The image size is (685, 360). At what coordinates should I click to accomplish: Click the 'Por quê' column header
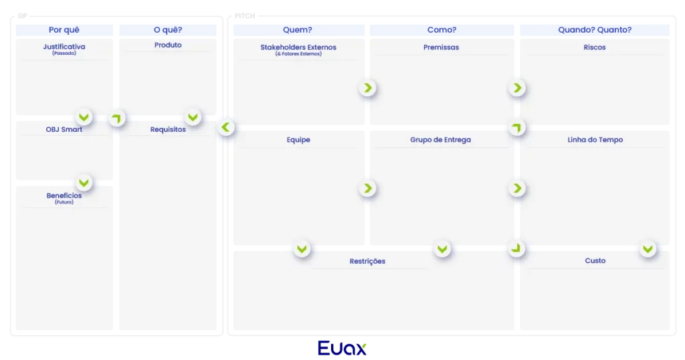[x=64, y=30]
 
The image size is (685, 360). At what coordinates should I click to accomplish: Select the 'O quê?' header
[x=168, y=30]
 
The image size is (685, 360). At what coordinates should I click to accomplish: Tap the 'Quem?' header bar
[x=298, y=30]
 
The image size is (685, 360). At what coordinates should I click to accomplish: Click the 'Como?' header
[x=442, y=30]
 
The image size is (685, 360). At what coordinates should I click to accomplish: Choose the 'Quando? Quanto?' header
[x=595, y=30]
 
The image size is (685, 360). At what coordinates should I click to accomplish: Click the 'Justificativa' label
[x=64, y=48]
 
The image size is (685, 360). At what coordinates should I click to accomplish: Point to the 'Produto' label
[x=168, y=46]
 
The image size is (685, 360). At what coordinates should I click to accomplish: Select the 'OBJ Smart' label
[x=64, y=129]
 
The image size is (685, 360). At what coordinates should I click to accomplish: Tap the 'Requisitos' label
[x=168, y=129]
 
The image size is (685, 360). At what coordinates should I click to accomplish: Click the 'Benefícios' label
[x=64, y=196]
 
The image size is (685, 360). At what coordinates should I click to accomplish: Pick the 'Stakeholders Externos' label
[x=298, y=48]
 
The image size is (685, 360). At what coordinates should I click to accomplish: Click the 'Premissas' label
[x=442, y=48]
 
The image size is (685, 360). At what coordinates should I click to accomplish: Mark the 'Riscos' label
[x=595, y=48]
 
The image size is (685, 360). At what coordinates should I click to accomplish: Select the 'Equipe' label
[x=298, y=140]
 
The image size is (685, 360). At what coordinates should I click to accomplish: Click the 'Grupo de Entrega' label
[x=441, y=140]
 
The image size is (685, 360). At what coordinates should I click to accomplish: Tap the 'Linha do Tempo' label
[x=595, y=140]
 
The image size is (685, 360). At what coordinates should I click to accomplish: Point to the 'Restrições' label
[x=367, y=261]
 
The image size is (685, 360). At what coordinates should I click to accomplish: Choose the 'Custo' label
[x=595, y=261]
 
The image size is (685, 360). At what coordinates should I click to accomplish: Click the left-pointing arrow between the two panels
[x=225, y=126]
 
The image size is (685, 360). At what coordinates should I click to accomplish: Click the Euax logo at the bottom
[x=342, y=348]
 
